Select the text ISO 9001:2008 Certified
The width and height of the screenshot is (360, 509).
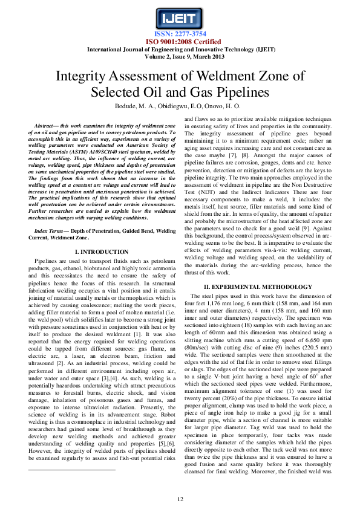(180, 41)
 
